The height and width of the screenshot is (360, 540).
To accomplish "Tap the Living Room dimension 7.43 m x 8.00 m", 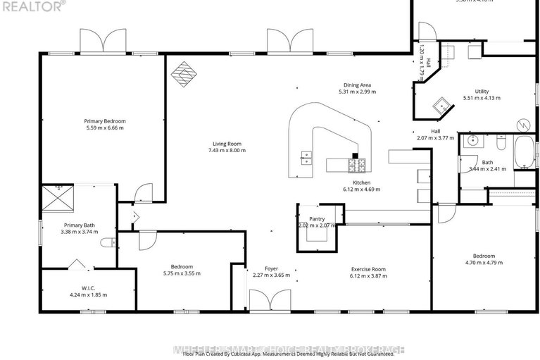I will tap(226, 150).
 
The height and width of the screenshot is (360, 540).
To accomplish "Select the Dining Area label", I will tap(354, 85).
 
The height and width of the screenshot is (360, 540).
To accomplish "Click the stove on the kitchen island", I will tap(357, 165).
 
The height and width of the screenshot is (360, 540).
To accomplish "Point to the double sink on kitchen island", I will tap(306, 157).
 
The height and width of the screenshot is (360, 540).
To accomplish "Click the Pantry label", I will tap(316, 219).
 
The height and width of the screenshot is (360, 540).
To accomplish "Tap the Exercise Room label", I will tap(369, 268).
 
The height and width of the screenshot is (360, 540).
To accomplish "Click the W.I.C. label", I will tap(88, 287).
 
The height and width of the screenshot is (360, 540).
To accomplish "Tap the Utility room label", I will tap(482, 92).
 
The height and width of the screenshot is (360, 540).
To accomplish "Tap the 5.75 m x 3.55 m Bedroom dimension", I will tap(182, 273).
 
